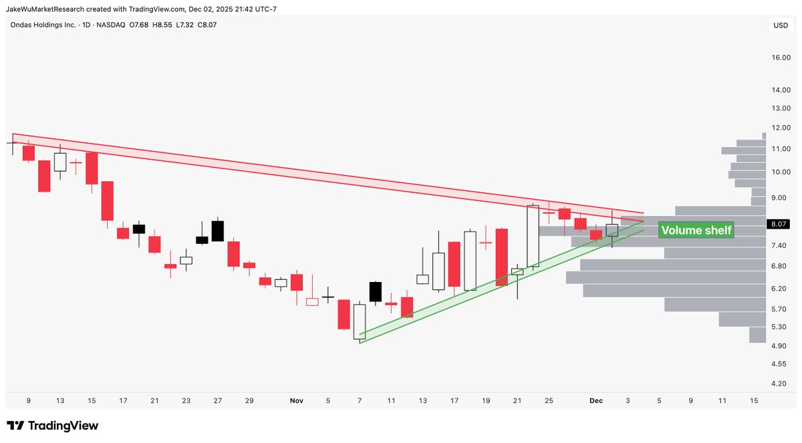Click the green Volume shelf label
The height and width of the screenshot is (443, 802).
coord(696,231)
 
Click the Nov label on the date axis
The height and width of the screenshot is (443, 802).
coord(297,401)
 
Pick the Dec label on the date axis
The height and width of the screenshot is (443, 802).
coord(596,401)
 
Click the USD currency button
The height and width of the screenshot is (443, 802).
coord(780,26)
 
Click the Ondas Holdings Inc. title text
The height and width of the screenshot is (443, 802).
coord(39,25)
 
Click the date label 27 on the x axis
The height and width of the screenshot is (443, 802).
coord(217,401)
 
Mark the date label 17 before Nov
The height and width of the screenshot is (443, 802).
coord(123,401)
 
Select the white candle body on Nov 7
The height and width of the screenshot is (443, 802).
coord(360,322)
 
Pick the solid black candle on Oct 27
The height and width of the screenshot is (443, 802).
coord(217,231)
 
